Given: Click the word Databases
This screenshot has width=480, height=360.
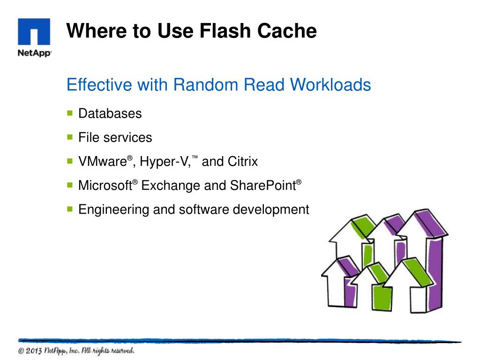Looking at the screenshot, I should pyautogui.click(x=110, y=113).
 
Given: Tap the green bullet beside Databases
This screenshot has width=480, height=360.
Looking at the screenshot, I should pyautogui.click(x=70, y=113).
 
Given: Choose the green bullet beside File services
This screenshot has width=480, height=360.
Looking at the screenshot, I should pyautogui.click(x=70, y=137).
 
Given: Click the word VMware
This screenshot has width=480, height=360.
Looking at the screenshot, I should pyautogui.click(x=103, y=162).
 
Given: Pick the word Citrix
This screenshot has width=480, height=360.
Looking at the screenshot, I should pyautogui.click(x=243, y=162).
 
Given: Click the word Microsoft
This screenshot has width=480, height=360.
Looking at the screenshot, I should pyautogui.click(x=105, y=186).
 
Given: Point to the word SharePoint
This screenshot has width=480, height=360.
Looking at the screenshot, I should pyautogui.click(x=262, y=186).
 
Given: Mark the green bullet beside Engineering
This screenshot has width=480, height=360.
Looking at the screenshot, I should pyautogui.click(x=70, y=209).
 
